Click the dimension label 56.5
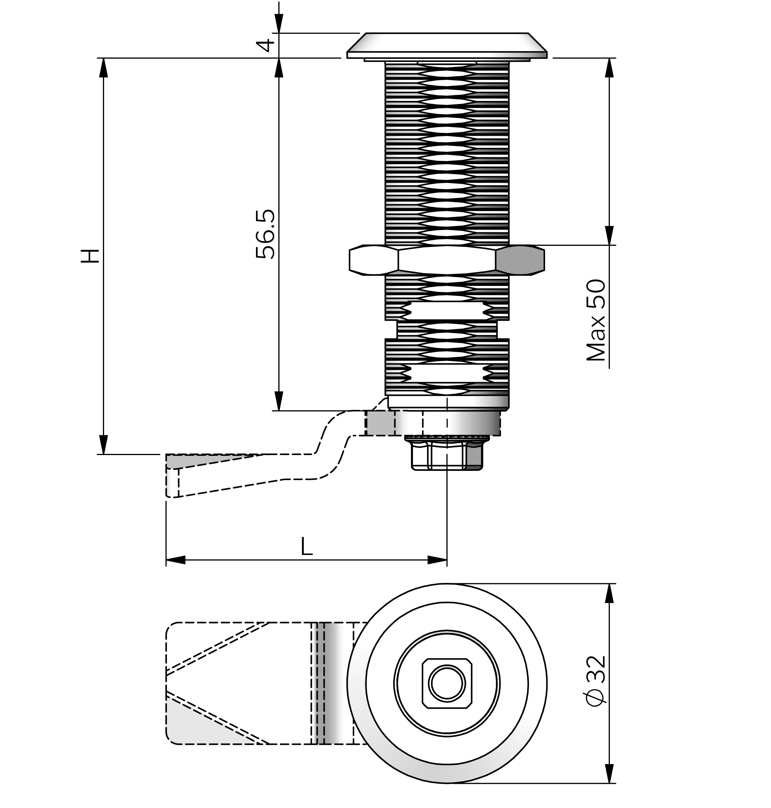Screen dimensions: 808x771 (x=265, y=234)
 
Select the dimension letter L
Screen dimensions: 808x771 (x=306, y=546)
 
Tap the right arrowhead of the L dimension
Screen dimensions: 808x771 (x=437, y=560)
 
